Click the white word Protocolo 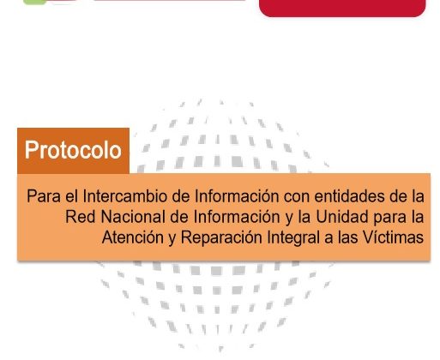click(x=73, y=150)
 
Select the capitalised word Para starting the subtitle click(x=44, y=196)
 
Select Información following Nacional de click(x=236, y=217)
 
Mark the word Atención click(x=133, y=237)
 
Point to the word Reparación click(x=221, y=238)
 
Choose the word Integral click(x=293, y=238)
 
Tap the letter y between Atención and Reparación click(x=172, y=240)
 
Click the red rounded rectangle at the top click(x=342, y=8)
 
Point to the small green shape click(x=34, y=2)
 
